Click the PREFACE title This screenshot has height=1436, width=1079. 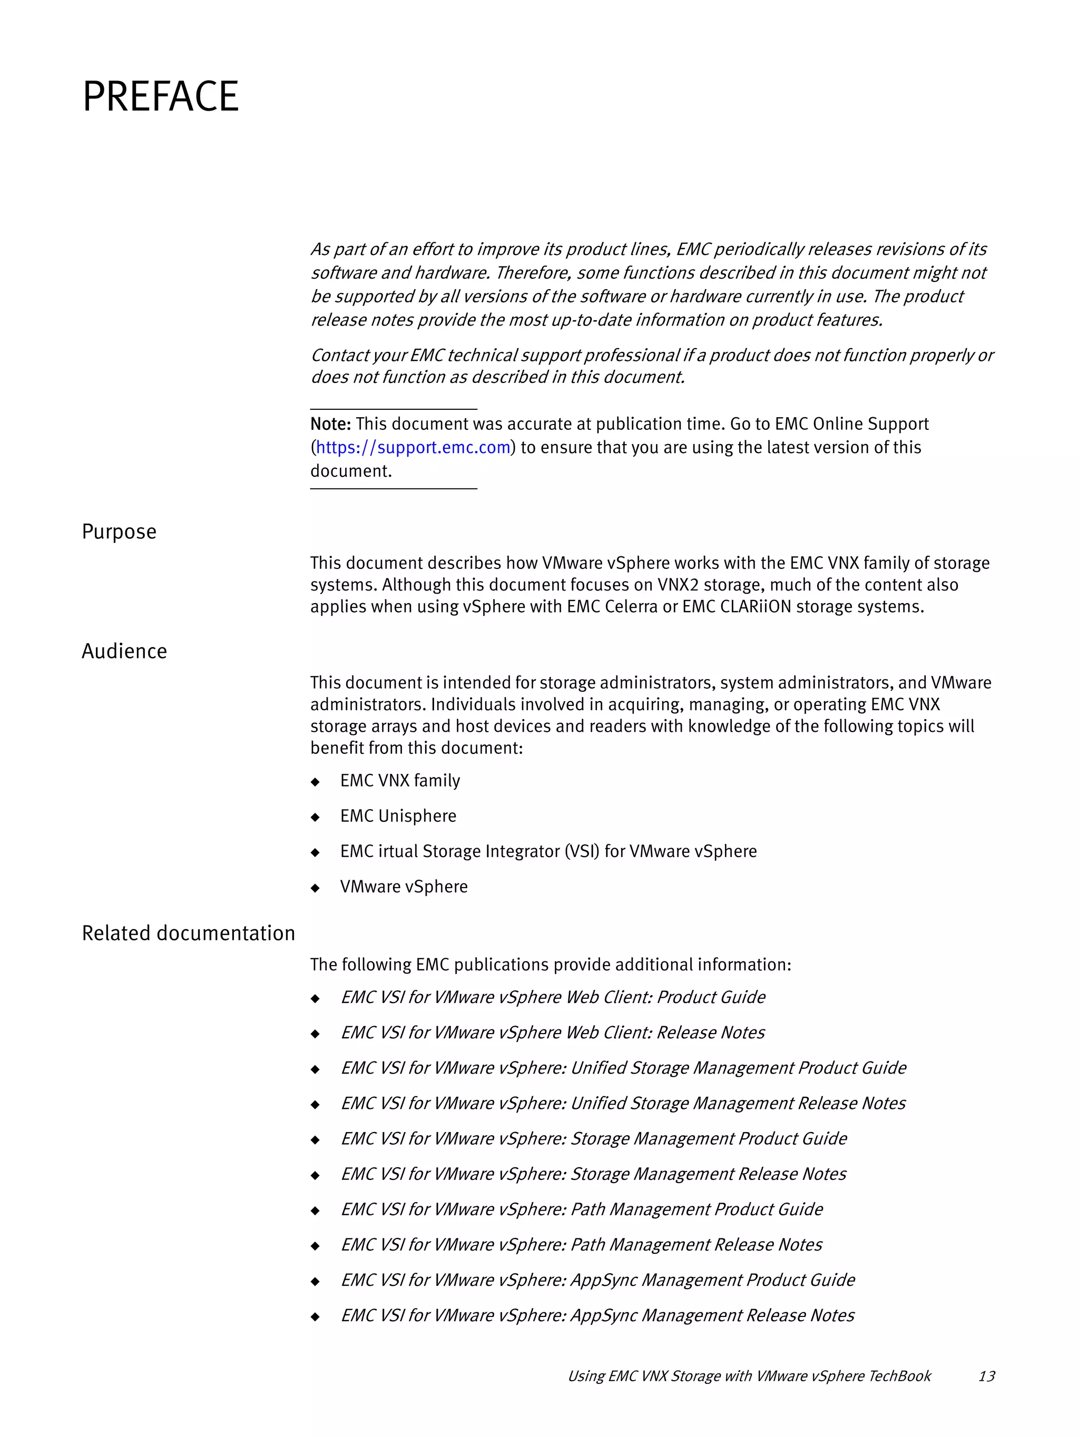pos(160,97)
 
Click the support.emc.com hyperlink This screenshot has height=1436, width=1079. pos(413,447)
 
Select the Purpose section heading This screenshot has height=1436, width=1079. pos(119,532)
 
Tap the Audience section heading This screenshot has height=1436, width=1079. pos(124,651)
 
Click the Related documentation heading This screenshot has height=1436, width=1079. pos(188,933)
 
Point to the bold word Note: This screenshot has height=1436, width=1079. pos(330,424)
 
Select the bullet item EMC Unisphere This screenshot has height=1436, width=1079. pos(398,816)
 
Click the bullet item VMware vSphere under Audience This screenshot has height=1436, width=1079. pos(404,887)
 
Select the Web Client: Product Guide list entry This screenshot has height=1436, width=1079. pos(553,997)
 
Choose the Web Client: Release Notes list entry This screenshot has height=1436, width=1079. pos(553,1033)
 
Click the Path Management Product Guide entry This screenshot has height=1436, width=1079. pos(582,1209)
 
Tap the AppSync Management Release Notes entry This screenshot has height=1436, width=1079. pos(597,1315)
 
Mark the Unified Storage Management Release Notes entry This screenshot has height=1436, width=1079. pos(623,1104)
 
